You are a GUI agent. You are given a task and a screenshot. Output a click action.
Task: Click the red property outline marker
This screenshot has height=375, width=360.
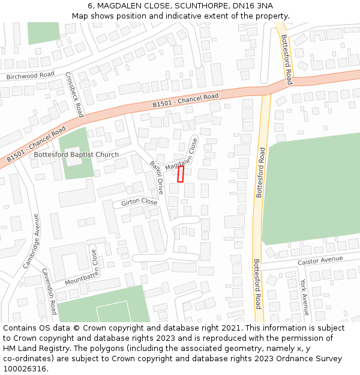181,174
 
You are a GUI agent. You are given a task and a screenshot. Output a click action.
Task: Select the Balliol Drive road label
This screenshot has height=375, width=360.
157,177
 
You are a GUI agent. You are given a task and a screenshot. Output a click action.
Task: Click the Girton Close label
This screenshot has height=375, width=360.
139,203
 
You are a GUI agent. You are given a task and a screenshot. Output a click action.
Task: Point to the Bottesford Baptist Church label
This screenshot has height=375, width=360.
76,154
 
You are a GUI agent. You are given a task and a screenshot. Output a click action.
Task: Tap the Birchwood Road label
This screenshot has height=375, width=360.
30,76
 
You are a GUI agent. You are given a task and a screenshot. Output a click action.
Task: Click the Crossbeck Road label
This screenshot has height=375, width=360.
74,95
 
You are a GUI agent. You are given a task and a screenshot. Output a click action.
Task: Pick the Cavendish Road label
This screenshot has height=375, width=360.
49,291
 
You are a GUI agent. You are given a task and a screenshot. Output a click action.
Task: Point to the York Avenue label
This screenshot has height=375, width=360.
304,297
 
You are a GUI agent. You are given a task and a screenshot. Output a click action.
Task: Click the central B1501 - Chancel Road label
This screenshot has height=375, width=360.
185,100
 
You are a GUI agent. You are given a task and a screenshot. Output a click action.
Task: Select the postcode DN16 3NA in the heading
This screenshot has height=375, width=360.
257,5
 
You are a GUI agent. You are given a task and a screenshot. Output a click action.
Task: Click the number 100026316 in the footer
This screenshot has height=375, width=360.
25,368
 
